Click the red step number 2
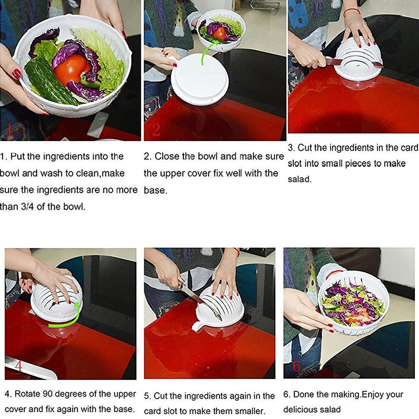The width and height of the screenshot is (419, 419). pyautogui.click(x=156, y=129)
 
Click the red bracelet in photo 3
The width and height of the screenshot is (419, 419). pyautogui.click(x=352, y=11)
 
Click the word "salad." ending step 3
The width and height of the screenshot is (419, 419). pyautogui.click(x=300, y=179)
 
